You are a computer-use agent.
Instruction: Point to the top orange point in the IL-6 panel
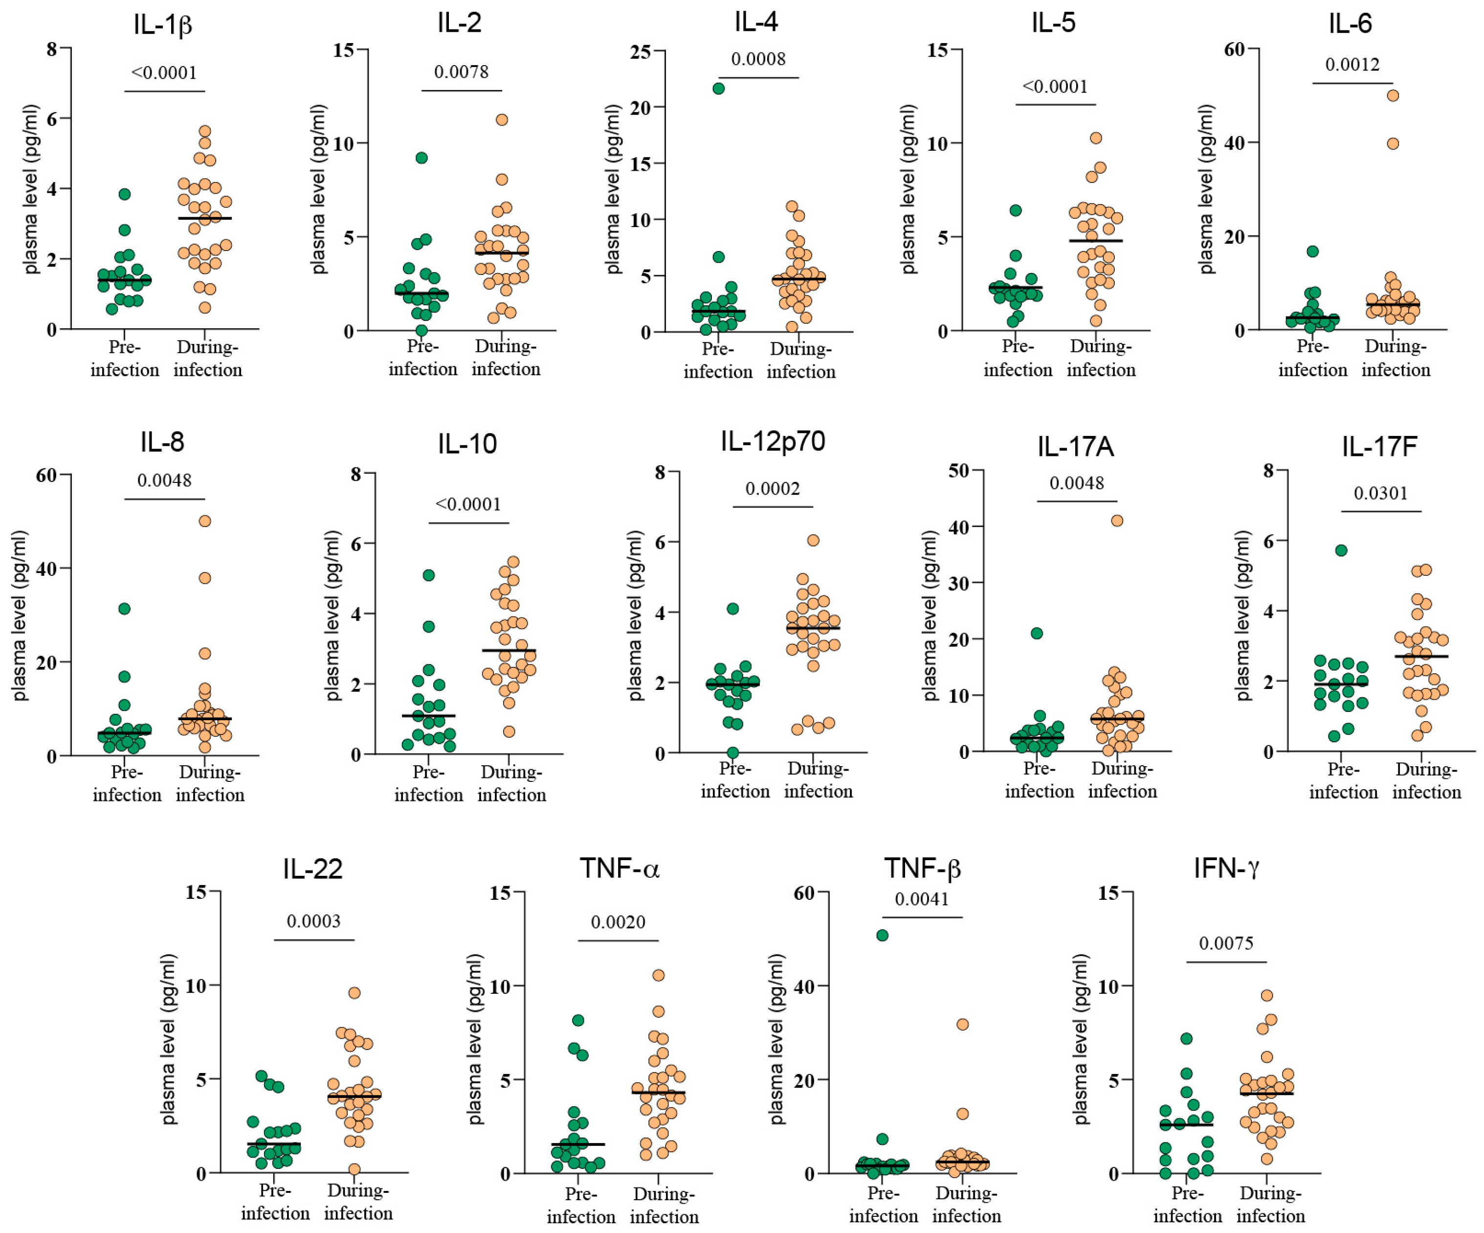[x=1393, y=95]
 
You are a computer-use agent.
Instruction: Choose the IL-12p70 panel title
[x=773, y=442]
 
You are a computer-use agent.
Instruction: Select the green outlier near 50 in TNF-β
[x=882, y=936]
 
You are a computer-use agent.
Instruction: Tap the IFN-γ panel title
[x=1226, y=868]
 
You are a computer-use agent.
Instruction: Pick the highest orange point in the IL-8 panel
[x=204, y=521]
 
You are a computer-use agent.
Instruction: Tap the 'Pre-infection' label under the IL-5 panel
[x=1017, y=358]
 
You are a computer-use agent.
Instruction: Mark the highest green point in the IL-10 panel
[x=428, y=575]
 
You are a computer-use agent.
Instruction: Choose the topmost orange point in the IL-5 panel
[x=1095, y=138]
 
